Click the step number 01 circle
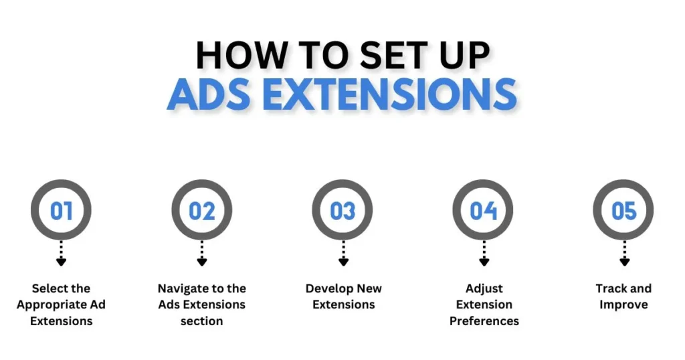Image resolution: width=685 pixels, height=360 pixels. (x=61, y=183)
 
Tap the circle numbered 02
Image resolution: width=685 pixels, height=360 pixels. (x=202, y=183)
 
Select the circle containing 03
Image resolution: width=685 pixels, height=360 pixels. (x=342, y=183)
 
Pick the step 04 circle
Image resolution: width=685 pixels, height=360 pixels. (x=483, y=183)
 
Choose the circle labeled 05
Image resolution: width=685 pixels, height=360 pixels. (x=624, y=183)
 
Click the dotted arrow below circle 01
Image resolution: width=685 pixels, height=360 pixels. (x=61, y=254)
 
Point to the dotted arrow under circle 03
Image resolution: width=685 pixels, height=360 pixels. (x=343, y=254)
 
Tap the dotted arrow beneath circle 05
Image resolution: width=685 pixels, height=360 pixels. (x=625, y=254)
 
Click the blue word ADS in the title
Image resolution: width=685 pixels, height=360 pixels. (x=209, y=94)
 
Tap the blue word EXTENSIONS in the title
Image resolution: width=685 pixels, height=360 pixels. (x=390, y=94)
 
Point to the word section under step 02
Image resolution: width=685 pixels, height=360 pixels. (x=202, y=321)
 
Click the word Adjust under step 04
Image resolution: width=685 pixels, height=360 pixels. (x=484, y=289)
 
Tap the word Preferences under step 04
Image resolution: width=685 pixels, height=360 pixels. (x=484, y=321)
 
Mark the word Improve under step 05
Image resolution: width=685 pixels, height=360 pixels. (x=623, y=305)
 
